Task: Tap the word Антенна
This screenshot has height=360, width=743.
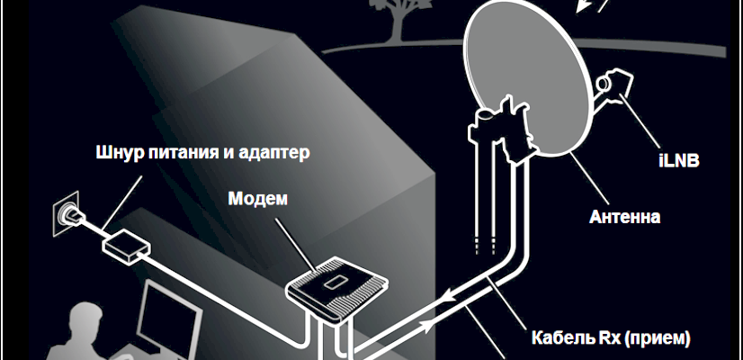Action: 626,217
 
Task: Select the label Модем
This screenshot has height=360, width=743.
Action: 257,198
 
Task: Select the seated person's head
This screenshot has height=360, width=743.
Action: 86,320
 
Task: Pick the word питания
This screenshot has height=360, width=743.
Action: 185,151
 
